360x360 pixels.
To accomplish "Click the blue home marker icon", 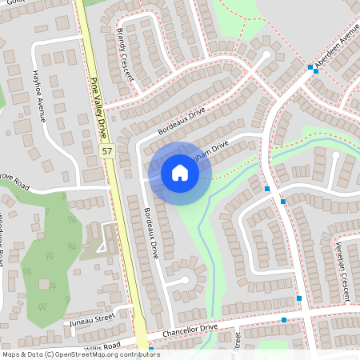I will point(179,172).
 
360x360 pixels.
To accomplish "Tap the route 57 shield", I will point(106,150).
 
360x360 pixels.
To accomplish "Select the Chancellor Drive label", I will point(190,329).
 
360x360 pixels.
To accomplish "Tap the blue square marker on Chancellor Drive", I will point(284,320).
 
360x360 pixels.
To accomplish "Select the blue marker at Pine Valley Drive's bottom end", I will point(151,350).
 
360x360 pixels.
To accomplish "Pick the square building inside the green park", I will point(44,283).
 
